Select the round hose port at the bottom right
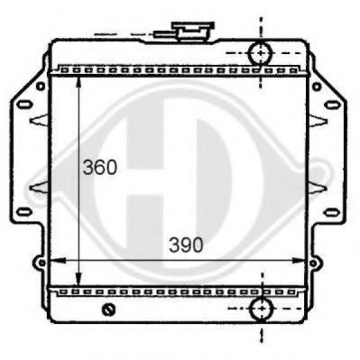tap(260, 309)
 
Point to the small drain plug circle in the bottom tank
tap(110, 311)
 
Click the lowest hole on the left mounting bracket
tap(37, 264)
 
